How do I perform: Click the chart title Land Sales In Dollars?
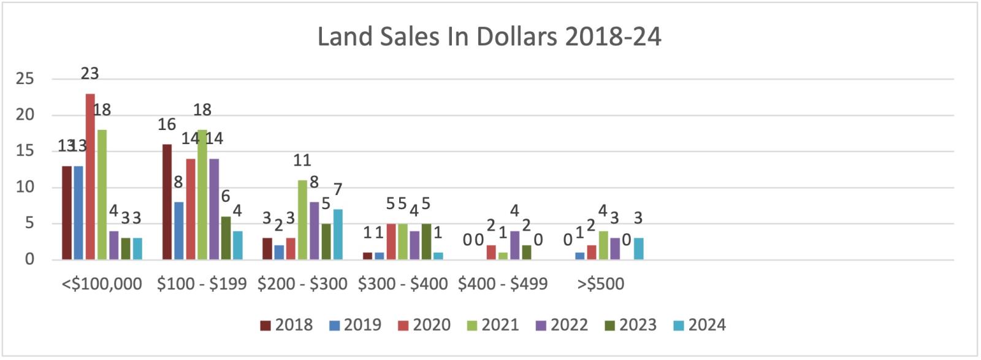[x=489, y=37]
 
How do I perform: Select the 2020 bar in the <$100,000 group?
[x=90, y=177]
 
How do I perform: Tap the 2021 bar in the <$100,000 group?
[x=102, y=194]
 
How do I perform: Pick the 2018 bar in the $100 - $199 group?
[x=167, y=202]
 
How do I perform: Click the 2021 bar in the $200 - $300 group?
[x=302, y=220]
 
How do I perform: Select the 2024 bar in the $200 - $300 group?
[x=338, y=234]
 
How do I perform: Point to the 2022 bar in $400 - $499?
[x=515, y=245]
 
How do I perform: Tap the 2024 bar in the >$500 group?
[x=639, y=248]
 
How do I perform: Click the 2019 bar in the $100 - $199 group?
[x=178, y=231]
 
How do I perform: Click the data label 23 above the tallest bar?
[x=90, y=74]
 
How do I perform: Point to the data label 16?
[x=167, y=124]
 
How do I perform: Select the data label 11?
[x=302, y=161]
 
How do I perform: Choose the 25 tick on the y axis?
[x=25, y=79]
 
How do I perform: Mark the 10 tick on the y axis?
[x=25, y=188]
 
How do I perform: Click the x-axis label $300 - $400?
[x=403, y=284]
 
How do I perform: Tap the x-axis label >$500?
[x=601, y=284]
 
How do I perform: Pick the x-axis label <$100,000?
[x=102, y=284]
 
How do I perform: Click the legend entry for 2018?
[x=286, y=324]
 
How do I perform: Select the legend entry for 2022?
[x=562, y=324]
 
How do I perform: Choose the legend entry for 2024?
[x=699, y=324]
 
